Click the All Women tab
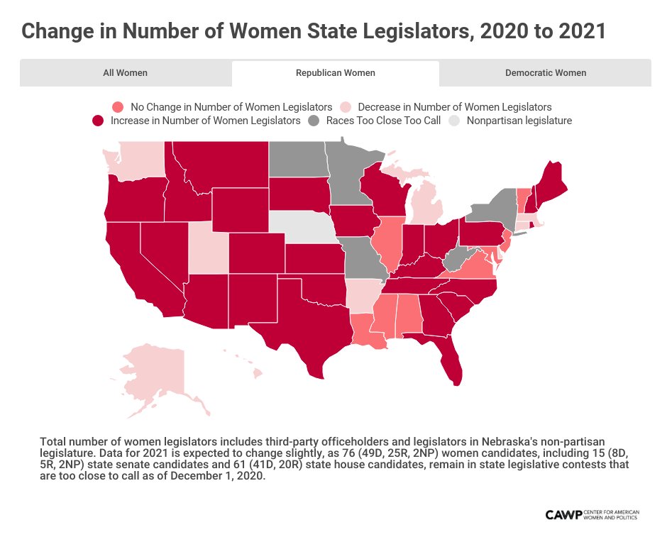(x=126, y=72)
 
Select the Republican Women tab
(x=335, y=72)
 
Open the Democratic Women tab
(x=545, y=72)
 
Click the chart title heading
(x=313, y=31)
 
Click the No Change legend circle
(x=118, y=106)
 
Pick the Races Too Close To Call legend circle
(x=314, y=121)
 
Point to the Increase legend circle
(x=98, y=121)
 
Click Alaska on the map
(x=153, y=372)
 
